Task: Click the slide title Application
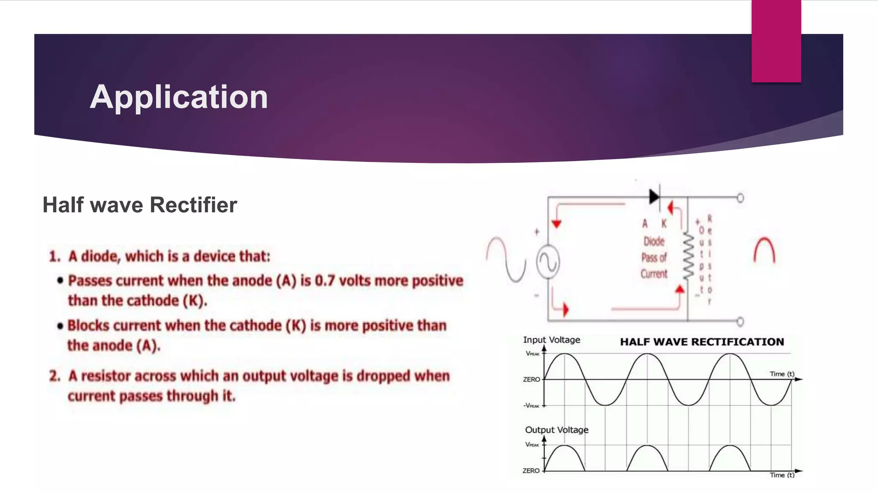coord(179,97)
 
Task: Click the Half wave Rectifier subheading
coord(140,205)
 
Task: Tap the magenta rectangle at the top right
coord(776,41)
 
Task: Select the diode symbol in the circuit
coord(654,197)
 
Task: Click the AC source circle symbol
coord(548,262)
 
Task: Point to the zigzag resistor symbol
coord(688,256)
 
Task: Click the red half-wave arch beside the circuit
coord(764,251)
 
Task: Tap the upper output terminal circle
coord(740,198)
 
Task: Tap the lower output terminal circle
coord(740,321)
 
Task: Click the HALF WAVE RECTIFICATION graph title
coord(702,342)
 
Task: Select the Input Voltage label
coord(551,340)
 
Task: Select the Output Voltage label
coord(556,430)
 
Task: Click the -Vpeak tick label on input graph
coord(532,406)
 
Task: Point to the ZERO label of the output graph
coord(531,470)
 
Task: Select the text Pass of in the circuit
coord(654,257)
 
